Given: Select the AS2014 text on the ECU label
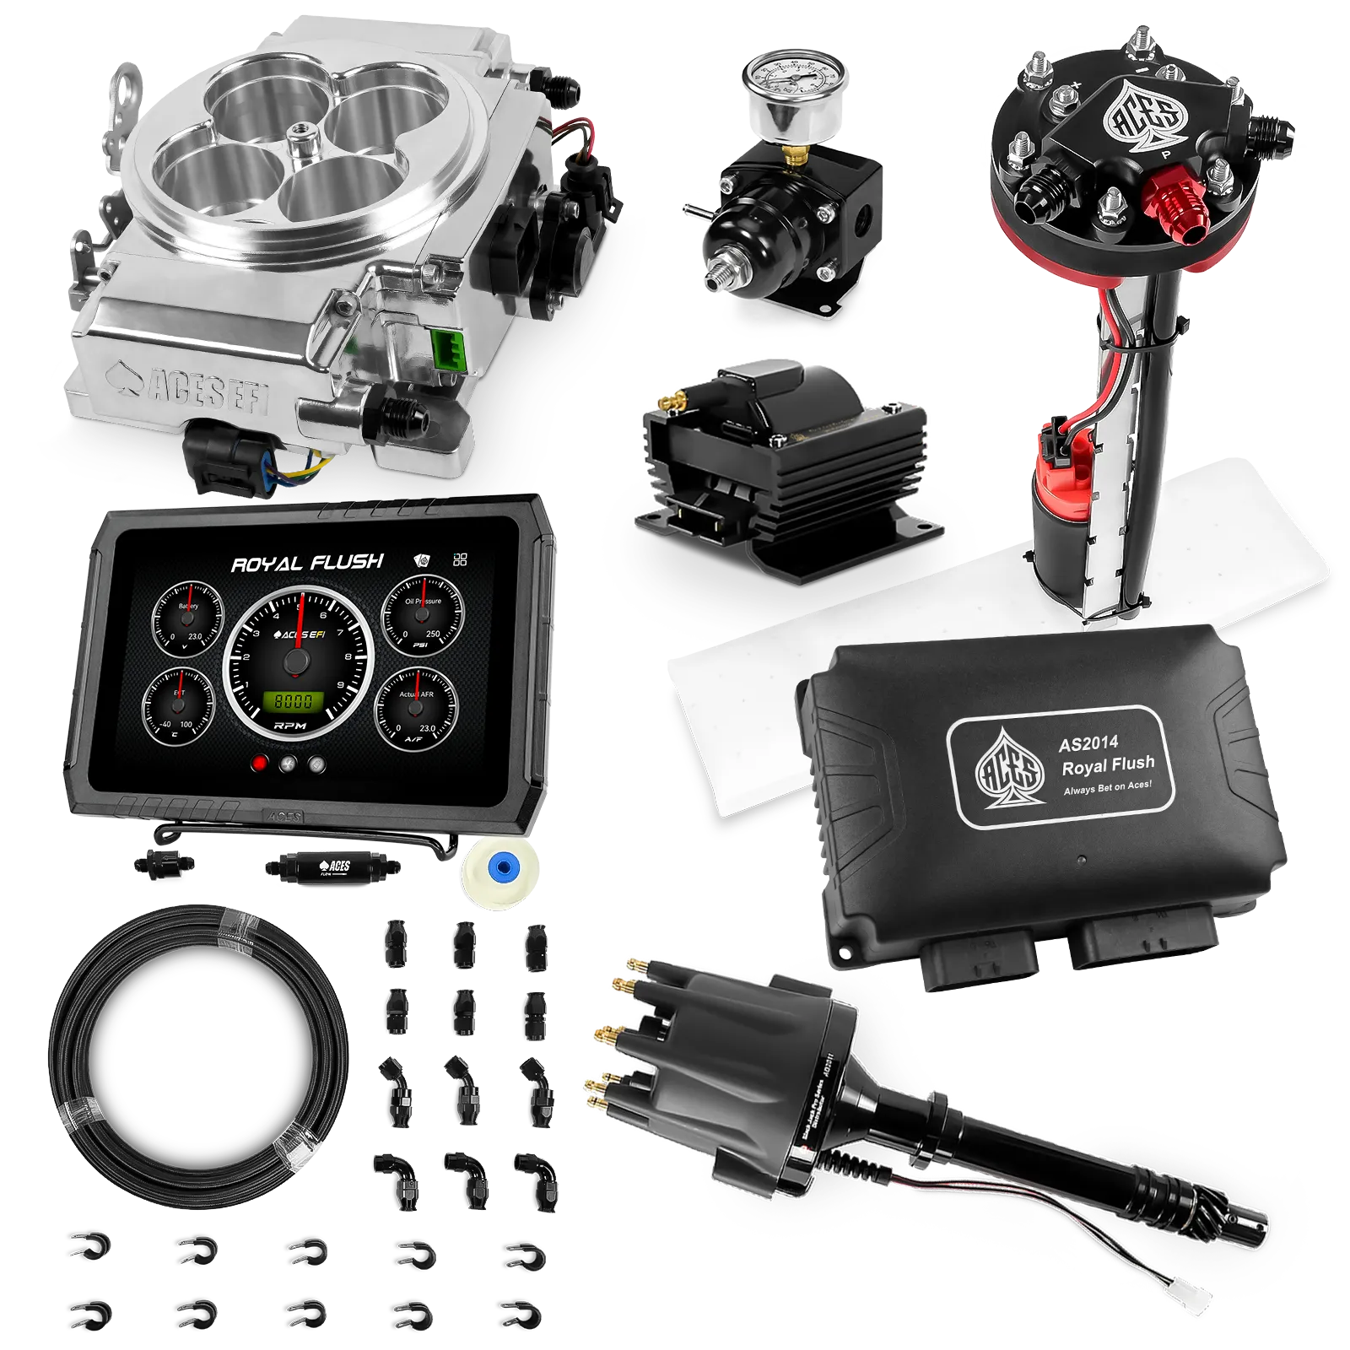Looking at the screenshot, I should coord(1088,743).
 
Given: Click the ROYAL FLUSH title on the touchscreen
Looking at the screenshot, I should coord(307,564).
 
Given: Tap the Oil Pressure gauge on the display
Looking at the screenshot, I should coord(423,613).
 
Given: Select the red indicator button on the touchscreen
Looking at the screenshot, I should coord(260,764).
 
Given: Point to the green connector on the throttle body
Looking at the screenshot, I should coord(449,349).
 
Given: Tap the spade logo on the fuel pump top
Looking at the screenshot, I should coord(1142,117).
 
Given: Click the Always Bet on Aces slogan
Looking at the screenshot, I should coord(1107,789).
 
